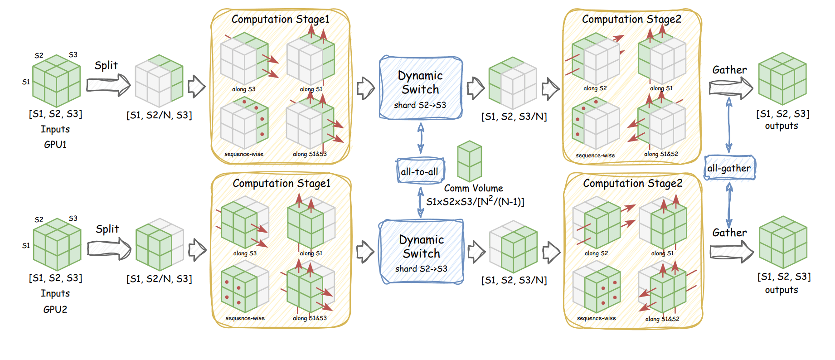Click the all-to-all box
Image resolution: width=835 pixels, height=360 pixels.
tap(420, 171)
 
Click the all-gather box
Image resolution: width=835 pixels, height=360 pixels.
tap(729, 168)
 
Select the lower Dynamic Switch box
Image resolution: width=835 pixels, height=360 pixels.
tap(422, 252)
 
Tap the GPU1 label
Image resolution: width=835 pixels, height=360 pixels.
tap(55, 145)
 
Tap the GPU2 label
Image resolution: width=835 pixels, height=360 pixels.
tap(55, 309)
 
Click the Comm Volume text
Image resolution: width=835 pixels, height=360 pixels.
tap(473, 188)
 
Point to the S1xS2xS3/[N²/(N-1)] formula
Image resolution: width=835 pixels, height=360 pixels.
tap(475, 201)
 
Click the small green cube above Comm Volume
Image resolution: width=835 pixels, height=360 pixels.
tap(469, 161)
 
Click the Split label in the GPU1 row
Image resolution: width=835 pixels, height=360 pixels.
tap(106, 65)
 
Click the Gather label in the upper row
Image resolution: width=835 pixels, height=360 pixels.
tap(729, 70)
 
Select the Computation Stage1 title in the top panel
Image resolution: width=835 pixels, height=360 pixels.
tap(280, 19)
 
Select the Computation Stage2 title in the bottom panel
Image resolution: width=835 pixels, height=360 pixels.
tap(632, 183)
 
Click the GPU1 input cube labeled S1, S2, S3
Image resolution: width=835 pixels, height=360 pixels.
tap(56, 80)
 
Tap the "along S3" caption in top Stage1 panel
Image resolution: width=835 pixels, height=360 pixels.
tap(243, 89)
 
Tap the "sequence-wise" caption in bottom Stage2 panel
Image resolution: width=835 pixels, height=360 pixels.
tap(596, 318)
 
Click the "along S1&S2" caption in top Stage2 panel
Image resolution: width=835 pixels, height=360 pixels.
tap(661, 154)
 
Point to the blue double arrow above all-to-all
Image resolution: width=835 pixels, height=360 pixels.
tap(421, 138)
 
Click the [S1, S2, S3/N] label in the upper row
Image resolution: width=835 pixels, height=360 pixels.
tap(514, 117)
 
